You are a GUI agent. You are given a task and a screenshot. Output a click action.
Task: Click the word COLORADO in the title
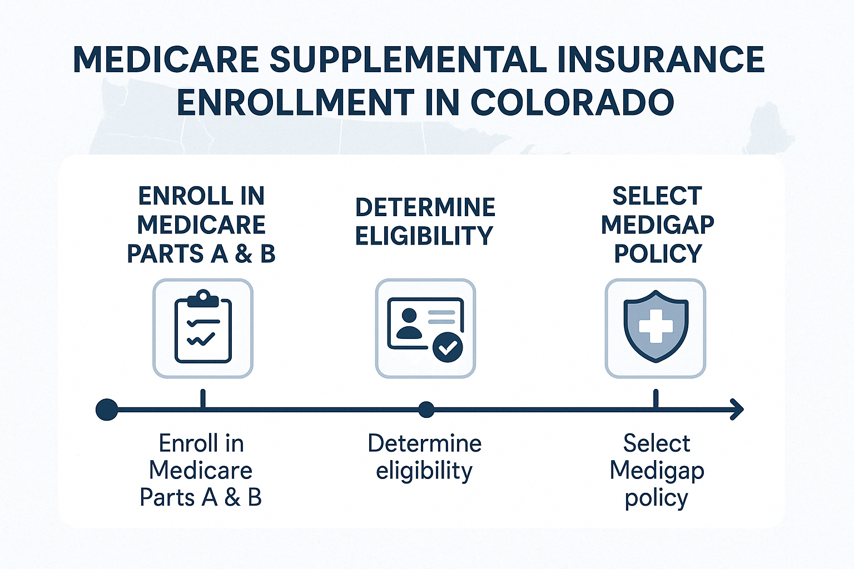(573, 102)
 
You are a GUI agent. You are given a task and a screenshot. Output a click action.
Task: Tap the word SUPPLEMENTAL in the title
(409, 60)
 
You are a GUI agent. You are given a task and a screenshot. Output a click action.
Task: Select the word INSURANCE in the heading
(661, 60)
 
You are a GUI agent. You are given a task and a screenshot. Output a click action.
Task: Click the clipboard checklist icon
(203, 326)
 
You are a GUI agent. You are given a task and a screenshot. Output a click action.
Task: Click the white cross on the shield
(656, 326)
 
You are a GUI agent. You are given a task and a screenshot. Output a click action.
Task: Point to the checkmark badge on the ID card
(448, 347)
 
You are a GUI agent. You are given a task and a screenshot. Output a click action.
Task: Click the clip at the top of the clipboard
(203, 298)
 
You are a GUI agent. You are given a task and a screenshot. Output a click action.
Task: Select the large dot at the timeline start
(107, 410)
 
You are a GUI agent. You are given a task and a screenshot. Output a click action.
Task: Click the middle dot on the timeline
(426, 410)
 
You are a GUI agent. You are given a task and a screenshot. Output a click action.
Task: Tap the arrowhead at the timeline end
(737, 410)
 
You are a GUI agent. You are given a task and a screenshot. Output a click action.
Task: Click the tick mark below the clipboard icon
(203, 398)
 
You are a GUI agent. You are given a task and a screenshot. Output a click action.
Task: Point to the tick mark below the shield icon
(656, 398)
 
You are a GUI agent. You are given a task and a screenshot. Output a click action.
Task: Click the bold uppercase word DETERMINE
(425, 208)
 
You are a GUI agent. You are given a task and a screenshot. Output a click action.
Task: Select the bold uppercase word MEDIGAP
(658, 224)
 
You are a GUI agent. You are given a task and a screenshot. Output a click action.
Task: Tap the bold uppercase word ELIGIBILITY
(424, 236)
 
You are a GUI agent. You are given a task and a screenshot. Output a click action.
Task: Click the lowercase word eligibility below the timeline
(424, 471)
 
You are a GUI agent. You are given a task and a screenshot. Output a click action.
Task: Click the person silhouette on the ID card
(409, 323)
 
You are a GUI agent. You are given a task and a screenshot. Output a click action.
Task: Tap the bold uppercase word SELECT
(657, 196)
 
